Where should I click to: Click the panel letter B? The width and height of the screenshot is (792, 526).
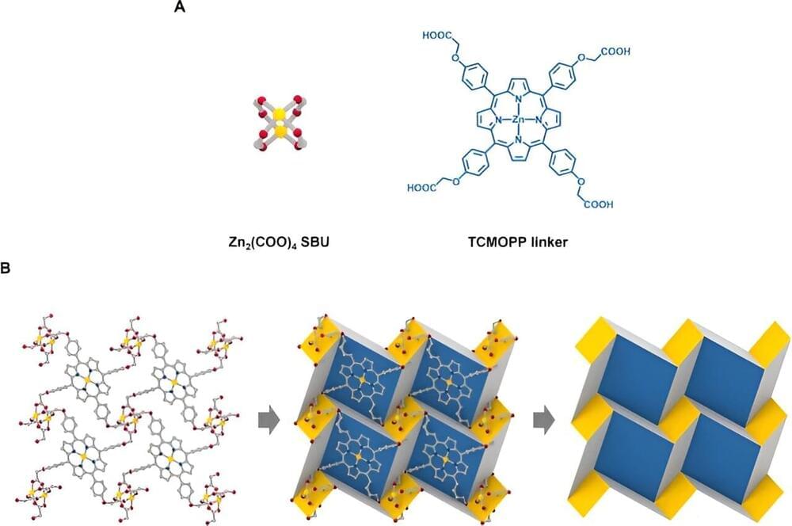point(5,268)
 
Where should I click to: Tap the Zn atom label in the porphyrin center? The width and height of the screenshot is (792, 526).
point(518,120)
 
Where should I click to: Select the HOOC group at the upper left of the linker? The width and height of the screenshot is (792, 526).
point(434,36)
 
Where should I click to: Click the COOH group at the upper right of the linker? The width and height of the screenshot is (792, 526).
point(615,51)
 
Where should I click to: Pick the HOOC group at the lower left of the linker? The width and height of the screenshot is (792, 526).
point(421,188)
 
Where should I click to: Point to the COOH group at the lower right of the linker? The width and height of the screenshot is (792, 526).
point(599,204)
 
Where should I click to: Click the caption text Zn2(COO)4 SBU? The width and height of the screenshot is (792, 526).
point(278,242)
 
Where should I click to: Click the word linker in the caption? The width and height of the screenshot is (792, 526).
point(548,242)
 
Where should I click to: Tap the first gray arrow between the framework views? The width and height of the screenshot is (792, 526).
point(268,422)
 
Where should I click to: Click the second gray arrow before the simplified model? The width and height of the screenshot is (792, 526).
point(544,422)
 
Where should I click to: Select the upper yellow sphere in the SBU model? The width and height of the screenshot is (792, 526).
point(280,114)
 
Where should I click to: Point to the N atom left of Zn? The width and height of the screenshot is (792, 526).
point(498,120)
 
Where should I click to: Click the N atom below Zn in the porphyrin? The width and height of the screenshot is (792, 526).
point(519,140)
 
